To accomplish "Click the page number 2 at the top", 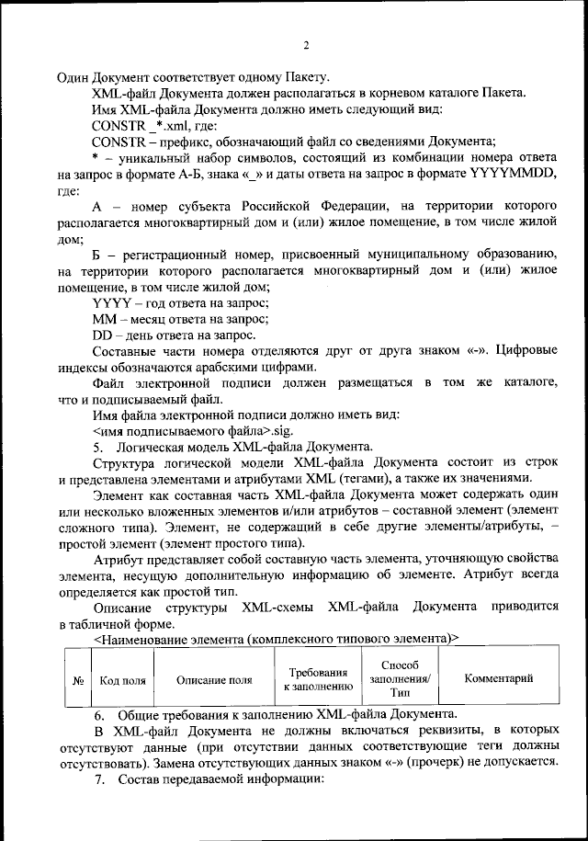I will pos(305,47).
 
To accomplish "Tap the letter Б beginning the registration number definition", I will pos(97,253).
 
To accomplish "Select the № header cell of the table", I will pos(78,679).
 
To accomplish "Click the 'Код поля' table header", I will pos(122,679).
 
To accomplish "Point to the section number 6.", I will pos(100,714).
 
